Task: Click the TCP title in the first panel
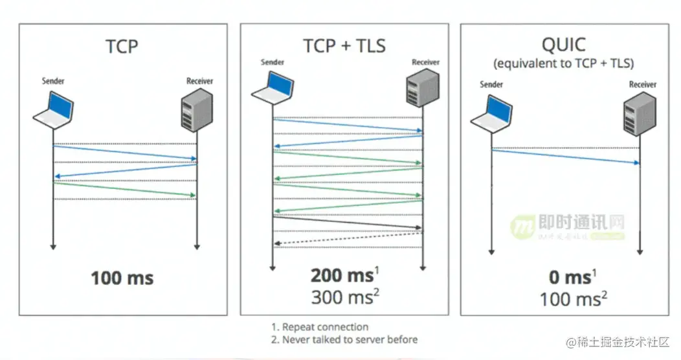(122, 47)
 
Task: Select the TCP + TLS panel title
(344, 45)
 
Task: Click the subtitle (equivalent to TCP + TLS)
(563, 63)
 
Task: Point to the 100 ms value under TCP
(122, 278)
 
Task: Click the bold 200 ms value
(341, 276)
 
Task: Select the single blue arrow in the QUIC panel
(565, 157)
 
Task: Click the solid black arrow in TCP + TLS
(348, 222)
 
